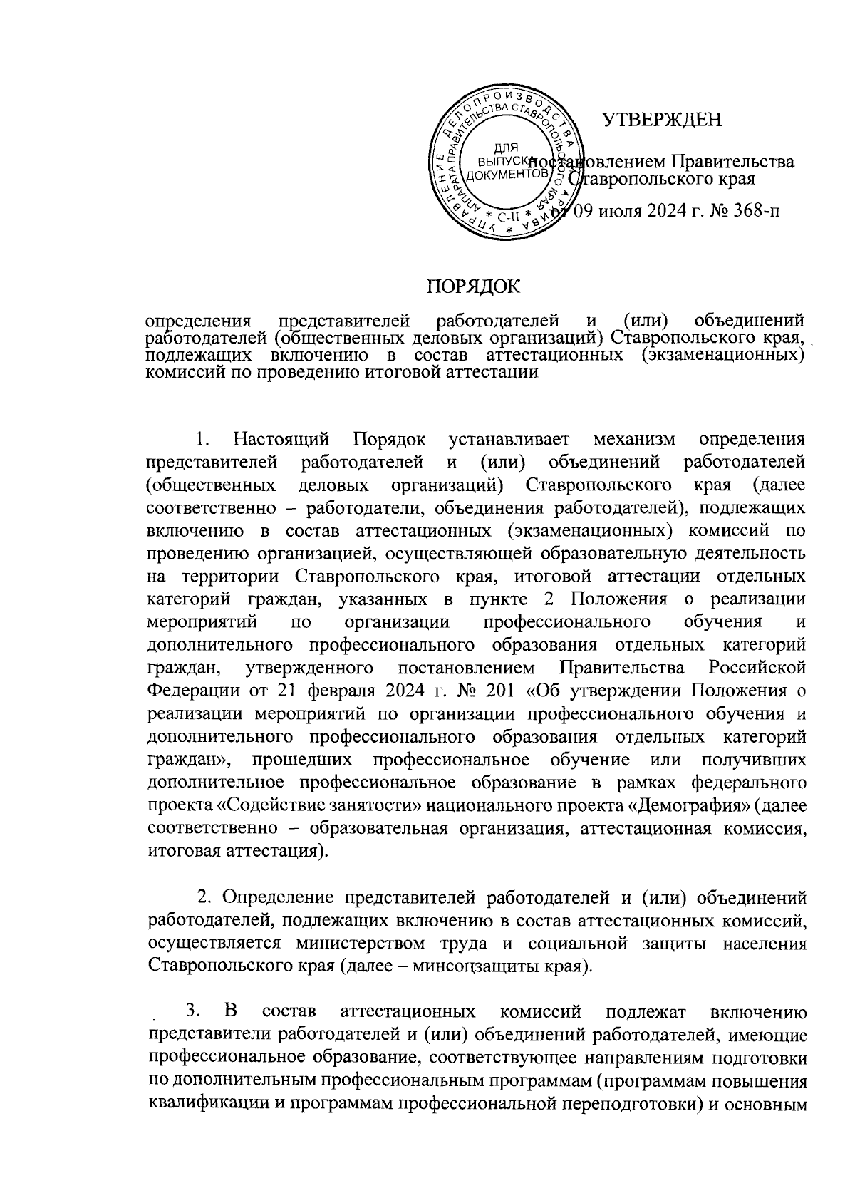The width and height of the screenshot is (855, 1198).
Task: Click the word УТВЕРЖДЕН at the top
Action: point(662,119)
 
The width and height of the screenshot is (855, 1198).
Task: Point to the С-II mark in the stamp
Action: point(507,217)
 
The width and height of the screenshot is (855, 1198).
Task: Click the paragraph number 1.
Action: point(202,436)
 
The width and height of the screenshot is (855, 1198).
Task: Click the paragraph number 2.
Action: point(202,895)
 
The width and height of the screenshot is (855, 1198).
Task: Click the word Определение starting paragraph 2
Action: point(273,895)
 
